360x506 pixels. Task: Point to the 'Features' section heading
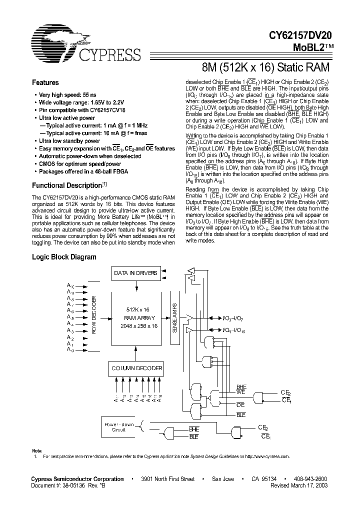click(x=45, y=83)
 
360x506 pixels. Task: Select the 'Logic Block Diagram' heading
click(x=64, y=257)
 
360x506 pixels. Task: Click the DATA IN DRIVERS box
click(x=136, y=273)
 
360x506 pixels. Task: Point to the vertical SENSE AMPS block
click(x=174, y=317)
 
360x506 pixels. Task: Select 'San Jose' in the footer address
click(x=223, y=479)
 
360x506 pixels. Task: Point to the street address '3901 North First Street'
click(x=167, y=479)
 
